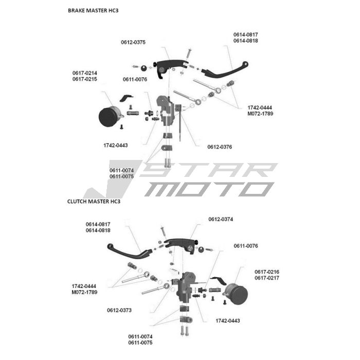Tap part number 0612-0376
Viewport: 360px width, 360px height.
click(x=220, y=147)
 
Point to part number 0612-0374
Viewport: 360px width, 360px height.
click(x=221, y=219)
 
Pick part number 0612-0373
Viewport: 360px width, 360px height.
click(x=119, y=310)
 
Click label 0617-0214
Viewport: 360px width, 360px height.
click(x=85, y=73)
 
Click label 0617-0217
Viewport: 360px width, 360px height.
click(x=267, y=278)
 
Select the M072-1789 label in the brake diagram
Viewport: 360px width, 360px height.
click(x=260, y=114)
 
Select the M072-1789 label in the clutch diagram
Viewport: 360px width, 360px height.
click(x=84, y=292)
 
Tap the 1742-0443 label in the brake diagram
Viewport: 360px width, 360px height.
click(x=115, y=146)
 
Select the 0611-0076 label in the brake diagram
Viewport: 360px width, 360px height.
click(x=135, y=79)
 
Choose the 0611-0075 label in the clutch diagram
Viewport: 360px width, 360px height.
click(x=140, y=343)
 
